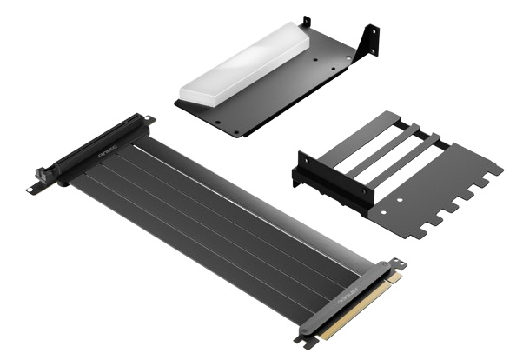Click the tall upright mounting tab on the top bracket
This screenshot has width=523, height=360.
(x=373, y=40)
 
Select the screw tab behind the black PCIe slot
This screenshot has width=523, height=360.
(x=149, y=119)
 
